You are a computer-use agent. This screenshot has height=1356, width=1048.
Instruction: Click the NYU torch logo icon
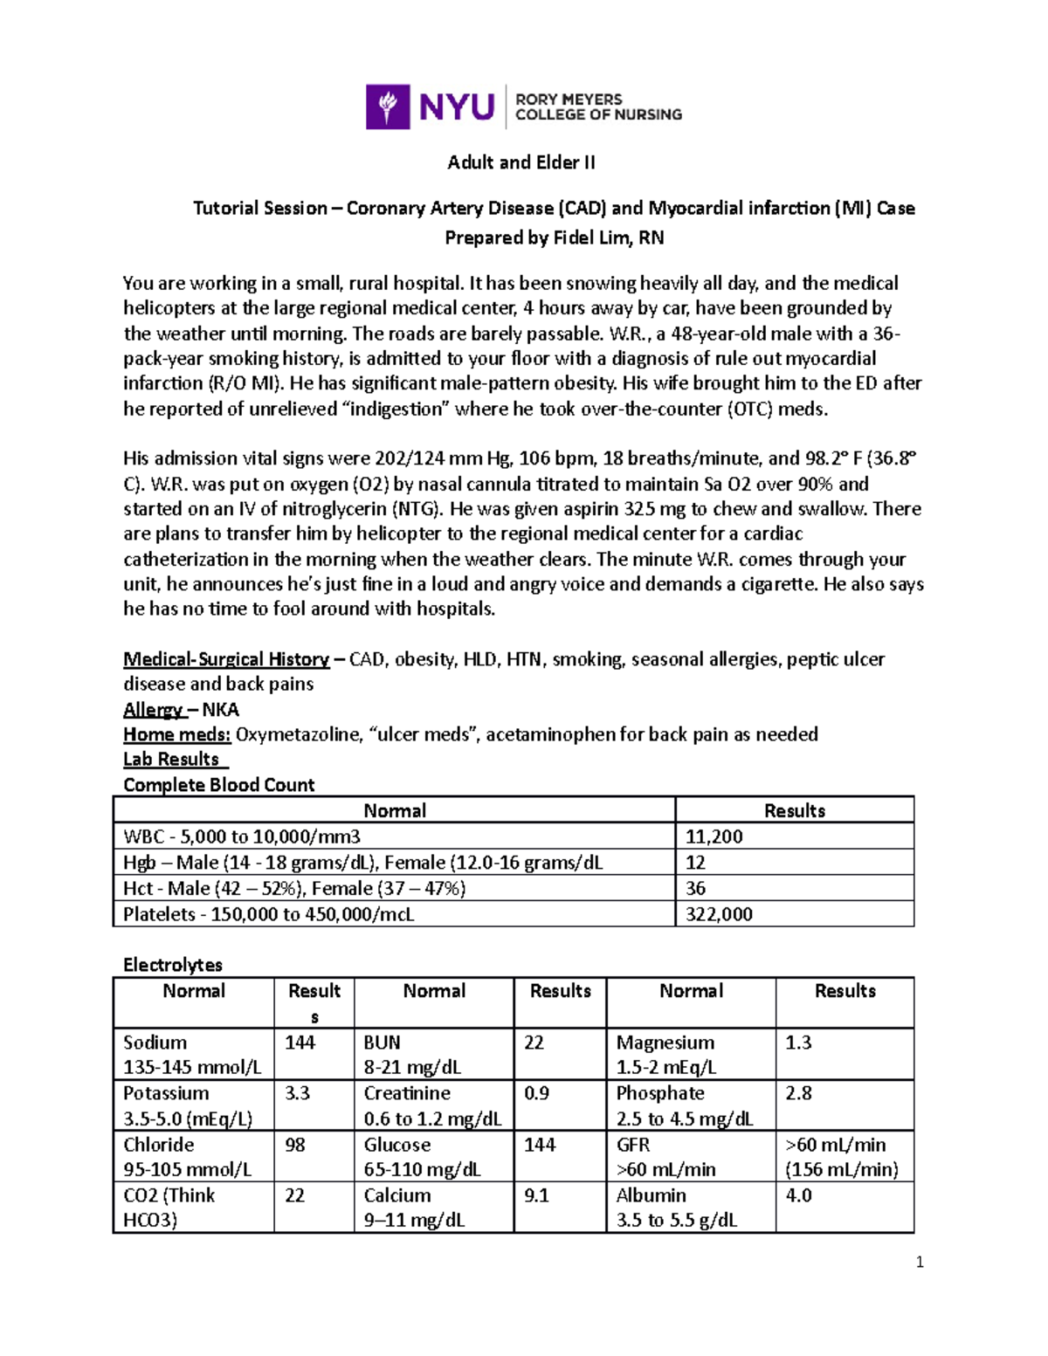pyautogui.click(x=388, y=107)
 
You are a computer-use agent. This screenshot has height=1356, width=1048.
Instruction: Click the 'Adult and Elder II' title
pyautogui.click(x=521, y=162)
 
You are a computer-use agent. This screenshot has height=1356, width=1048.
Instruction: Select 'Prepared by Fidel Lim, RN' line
pyautogui.click(x=554, y=237)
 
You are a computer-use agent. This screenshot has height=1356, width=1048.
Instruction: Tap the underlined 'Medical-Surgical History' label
pyautogui.click(x=226, y=659)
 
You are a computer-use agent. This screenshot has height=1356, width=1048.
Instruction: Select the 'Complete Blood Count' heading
pyautogui.click(x=218, y=784)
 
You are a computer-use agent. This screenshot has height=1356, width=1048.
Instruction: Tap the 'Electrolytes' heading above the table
pyautogui.click(x=173, y=965)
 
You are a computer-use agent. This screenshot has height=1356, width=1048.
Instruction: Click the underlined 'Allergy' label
pyautogui.click(x=154, y=710)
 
